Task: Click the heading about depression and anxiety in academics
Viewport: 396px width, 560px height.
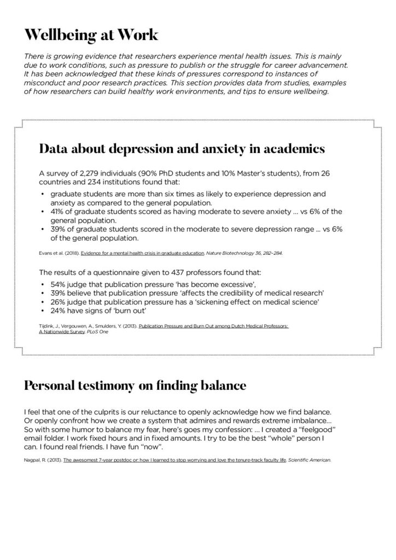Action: (x=182, y=149)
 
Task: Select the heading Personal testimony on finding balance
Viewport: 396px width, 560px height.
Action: (x=135, y=385)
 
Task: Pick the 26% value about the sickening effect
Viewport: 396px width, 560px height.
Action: (x=59, y=301)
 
